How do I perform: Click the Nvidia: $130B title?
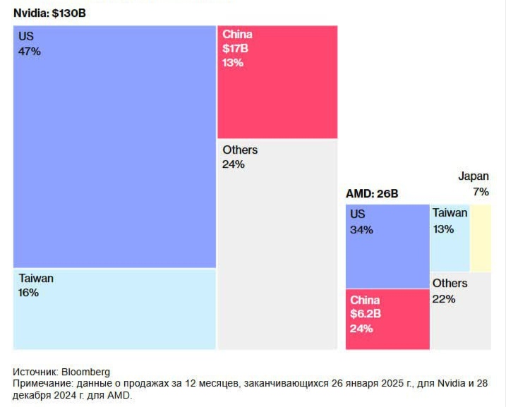pyautogui.click(x=44, y=13)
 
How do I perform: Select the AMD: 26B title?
pyautogui.click(x=372, y=193)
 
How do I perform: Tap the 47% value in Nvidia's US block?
pyautogui.click(x=29, y=51)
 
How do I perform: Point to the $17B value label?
pyautogui.click(x=236, y=49)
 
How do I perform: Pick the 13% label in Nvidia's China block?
pyautogui.click(x=233, y=63)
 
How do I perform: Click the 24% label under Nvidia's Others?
pyautogui.click(x=234, y=164)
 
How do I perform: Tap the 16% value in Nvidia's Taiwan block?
pyautogui.click(x=29, y=293)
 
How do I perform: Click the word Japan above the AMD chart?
pyautogui.click(x=473, y=176)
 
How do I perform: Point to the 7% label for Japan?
pyautogui.click(x=481, y=192)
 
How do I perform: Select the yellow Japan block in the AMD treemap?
pyautogui.click(x=481, y=238)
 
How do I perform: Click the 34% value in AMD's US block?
pyautogui.click(x=361, y=229)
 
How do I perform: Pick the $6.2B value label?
pyautogui.click(x=366, y=315)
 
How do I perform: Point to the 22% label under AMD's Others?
pyautogui.click(x=444, y=298)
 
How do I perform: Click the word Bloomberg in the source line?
pyautogui.click(x=86, y=372)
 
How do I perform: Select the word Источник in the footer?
pyautogui.click(x=35, y=372)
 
